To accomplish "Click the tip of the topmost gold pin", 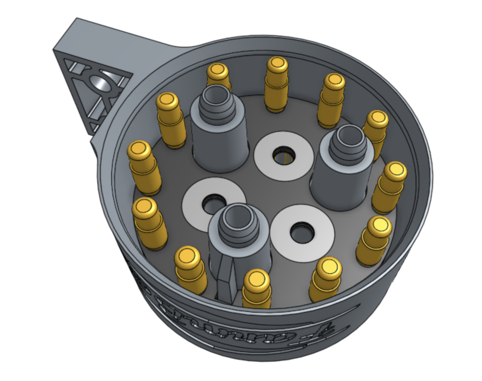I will pyautogui.click(x=276, y=64).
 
